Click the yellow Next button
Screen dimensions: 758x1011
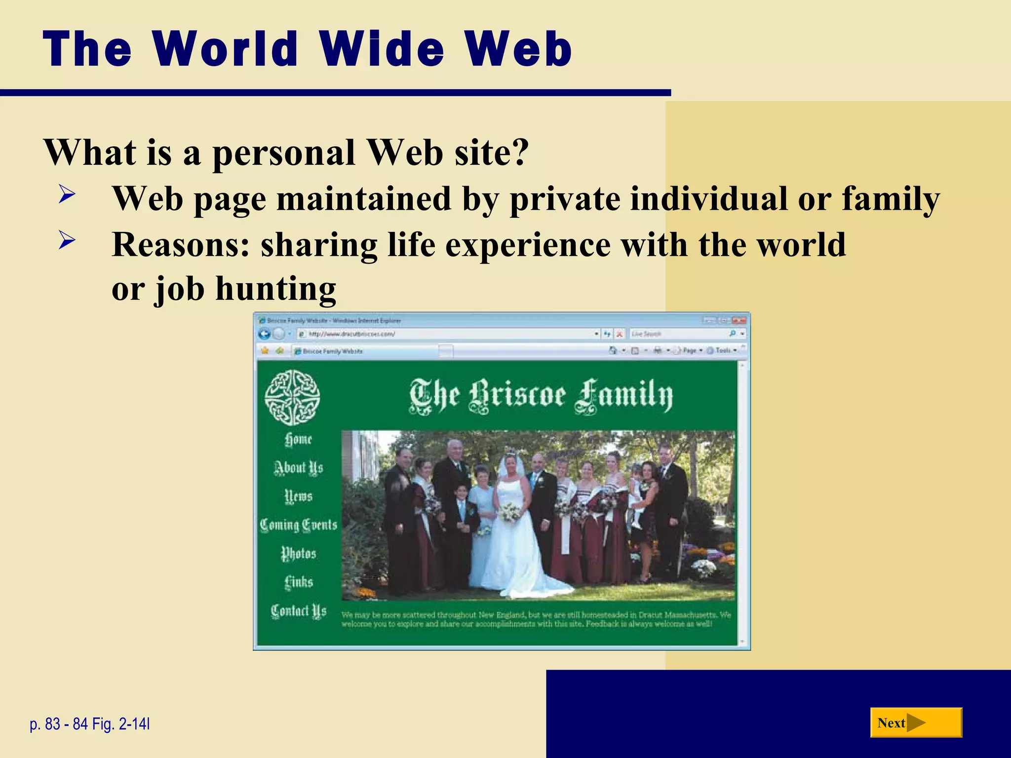tap(916, 723)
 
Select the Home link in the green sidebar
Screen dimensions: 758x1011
tap(298, 439)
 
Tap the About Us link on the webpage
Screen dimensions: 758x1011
tap(298, 468)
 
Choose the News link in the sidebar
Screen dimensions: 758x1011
tap(298, 496)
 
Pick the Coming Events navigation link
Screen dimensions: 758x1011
tap(298, 525)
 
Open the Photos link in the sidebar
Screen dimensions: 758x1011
tap(298, 553)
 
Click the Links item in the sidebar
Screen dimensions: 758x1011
tap(298, 582)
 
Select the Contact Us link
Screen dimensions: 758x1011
tap(298, 611)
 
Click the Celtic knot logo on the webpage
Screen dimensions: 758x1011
tap(292, 397)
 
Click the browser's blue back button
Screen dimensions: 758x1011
tap(264, 334)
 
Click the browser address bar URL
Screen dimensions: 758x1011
tap(351, 334)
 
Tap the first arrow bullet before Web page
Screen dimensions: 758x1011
tap(67, 193)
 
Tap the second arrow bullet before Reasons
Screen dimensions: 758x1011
tap(67, 240)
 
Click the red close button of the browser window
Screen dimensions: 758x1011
tap(739, 320)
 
